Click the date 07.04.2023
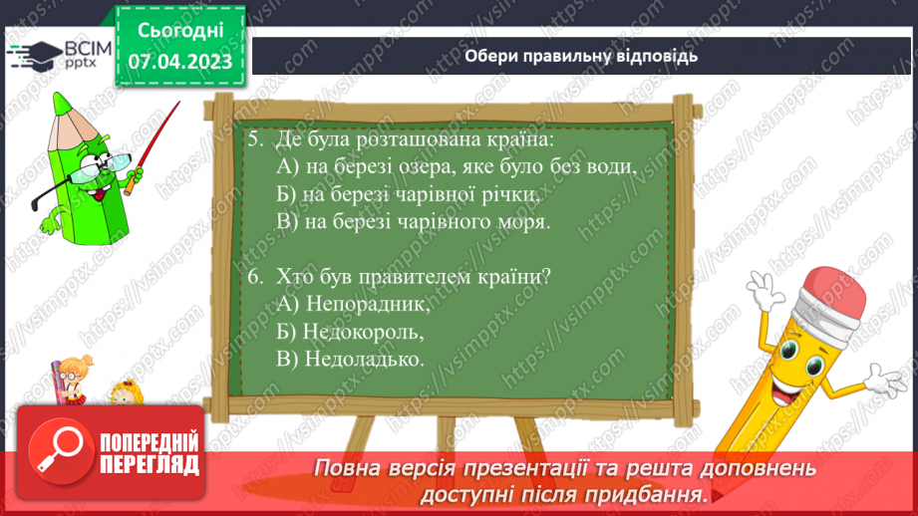point(180,63)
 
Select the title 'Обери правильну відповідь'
point(581,56)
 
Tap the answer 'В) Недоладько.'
point(351,358)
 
